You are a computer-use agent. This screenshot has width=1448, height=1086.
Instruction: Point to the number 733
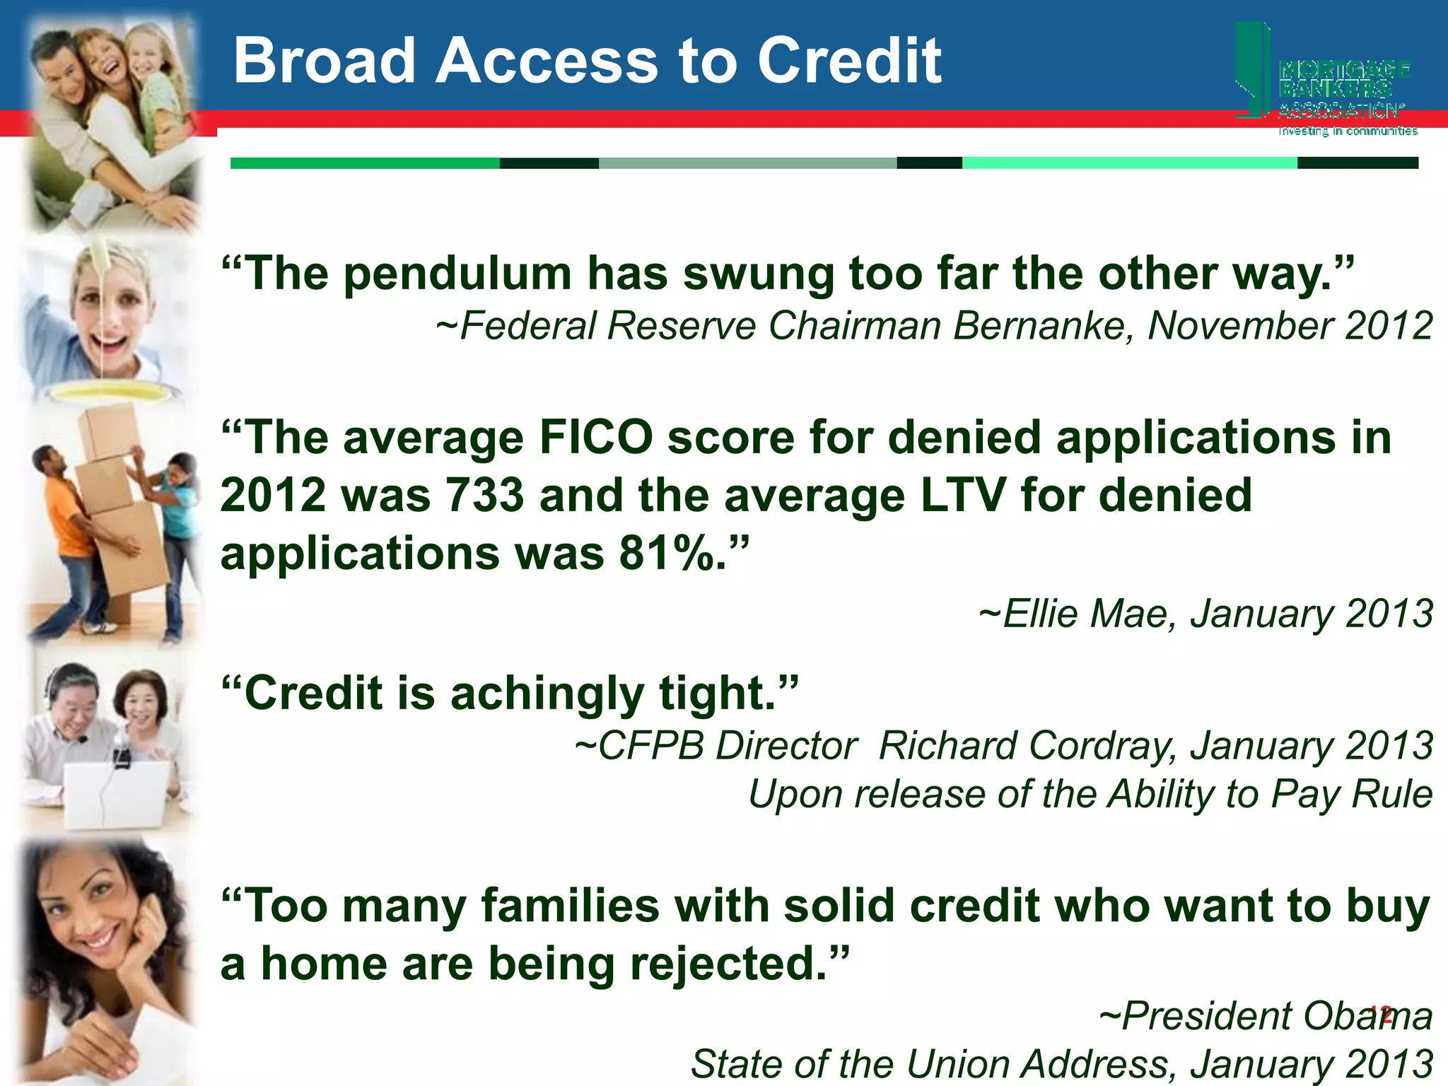coord(484,495)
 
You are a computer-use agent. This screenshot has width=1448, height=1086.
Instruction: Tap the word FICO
coord(596,438)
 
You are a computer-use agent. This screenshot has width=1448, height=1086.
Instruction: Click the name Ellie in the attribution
coord(1044,614)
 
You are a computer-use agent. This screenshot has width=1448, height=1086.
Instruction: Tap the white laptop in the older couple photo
coord(117,793)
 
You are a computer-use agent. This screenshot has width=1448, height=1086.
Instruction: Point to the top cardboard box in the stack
coord(108,431)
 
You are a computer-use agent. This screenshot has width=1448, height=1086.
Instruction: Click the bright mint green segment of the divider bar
coord(1129,163)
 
